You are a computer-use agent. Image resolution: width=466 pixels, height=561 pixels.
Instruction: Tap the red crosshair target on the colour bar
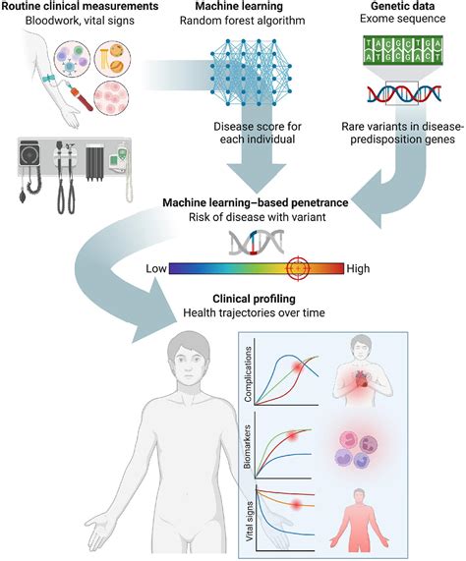[x=298, y=267]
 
